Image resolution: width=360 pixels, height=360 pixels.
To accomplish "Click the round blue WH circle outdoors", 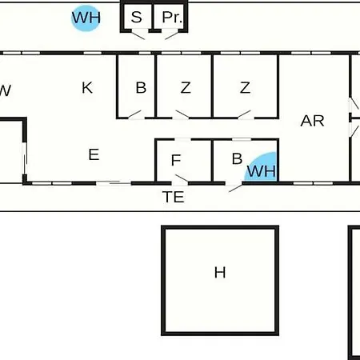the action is pyautogui.click(x=86, y=18).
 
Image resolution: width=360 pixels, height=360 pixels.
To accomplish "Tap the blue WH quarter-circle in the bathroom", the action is pyautogui.click(x=262, y=169).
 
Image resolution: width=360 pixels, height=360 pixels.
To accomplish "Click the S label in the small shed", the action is pyautogui.click(x=136, y=17).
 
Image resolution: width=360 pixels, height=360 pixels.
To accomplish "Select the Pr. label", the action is pyautogui.click(x=172, y=18).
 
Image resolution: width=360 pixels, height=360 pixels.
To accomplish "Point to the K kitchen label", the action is pyautogui.click(x=87, y=88).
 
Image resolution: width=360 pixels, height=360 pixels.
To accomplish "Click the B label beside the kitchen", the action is pyautogui.click(x=141, y=87).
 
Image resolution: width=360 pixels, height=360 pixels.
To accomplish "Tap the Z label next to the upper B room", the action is pyautogui.click(x=186, y=88).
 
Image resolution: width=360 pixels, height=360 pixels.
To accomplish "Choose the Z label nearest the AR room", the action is pyautogui.click(x=245, y=88).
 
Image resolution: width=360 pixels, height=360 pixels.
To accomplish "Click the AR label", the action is pyautogui.click(x=312, y=121).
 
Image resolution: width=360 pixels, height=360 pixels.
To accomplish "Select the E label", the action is pyautogui.click(x=94, y=154).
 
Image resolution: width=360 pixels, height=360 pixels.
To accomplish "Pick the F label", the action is pyautogui.click(x=176, y=160).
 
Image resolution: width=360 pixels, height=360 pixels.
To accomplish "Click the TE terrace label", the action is pyautogui.click(x=174, y=197).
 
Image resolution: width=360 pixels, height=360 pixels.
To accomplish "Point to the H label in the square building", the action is pyautogui.click(x=220, y=273).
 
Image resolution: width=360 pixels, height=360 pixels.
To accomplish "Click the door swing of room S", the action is pyautogui.click(x=138, y=36).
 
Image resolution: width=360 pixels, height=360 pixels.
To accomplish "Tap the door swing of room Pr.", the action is pyautogui.click(x=172, y=36).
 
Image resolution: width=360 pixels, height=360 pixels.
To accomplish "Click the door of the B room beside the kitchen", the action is pyautogui.click(x=134, y=114).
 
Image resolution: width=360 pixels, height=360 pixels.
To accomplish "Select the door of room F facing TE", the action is pyautogui.click(x=182, y=178).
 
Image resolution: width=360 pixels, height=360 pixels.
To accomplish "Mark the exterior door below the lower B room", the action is pyautogui.click(x=236, y=188).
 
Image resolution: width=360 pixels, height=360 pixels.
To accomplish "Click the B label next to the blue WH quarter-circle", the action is pyautogui.click(x=237, y=158).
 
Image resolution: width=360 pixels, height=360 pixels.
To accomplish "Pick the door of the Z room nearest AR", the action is pyautogui.click(x=244, y=114).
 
